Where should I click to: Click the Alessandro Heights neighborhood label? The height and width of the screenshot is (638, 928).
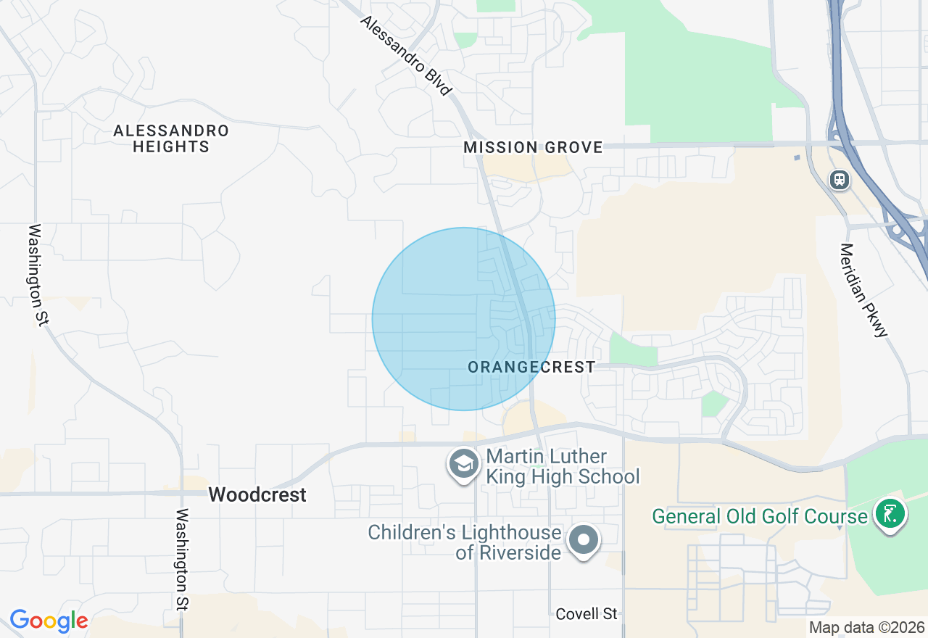click(171, 138)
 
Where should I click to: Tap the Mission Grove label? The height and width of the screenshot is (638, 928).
click(533, 147)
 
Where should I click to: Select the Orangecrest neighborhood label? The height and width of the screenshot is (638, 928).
click(531, 368)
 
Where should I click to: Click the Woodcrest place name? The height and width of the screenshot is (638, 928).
click(257, 494)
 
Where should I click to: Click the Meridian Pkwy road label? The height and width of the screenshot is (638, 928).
click(863, 290)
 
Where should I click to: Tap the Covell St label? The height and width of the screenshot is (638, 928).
click(587, 614)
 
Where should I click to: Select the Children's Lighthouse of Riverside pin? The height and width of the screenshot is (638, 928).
click(583, 541)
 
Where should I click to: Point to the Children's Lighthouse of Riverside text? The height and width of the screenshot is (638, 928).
click(465, 542)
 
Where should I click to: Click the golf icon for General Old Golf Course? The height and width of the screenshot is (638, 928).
click(890, 513)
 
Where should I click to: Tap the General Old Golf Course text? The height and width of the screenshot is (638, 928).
click(760, 516)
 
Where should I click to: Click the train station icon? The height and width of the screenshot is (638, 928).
click(840, 179)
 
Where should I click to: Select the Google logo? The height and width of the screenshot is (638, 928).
click(49, 621)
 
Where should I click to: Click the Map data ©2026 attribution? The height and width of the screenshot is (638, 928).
click(866, 628)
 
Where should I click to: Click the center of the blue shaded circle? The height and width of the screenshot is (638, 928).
click(463, 319)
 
